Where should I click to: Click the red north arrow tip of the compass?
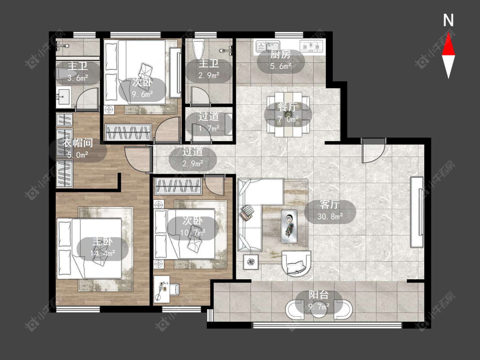pos(448,33)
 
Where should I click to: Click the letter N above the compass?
pos(448,20)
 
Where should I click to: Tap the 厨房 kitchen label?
pos(280,55)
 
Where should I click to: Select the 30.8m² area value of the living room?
pos(330,217)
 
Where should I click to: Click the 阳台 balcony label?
pos(318,295)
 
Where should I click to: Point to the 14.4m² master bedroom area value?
pos(102,253)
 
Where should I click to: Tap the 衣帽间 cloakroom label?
pos(78,142)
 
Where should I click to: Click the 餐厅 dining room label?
pos(288,107)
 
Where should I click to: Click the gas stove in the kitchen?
pos(311,46)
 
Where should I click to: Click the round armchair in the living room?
pos(296,263)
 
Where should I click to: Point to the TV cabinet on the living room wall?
pos(417,212)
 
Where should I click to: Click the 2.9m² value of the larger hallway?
pos(193,164)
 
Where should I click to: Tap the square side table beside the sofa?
pos(251,262)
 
